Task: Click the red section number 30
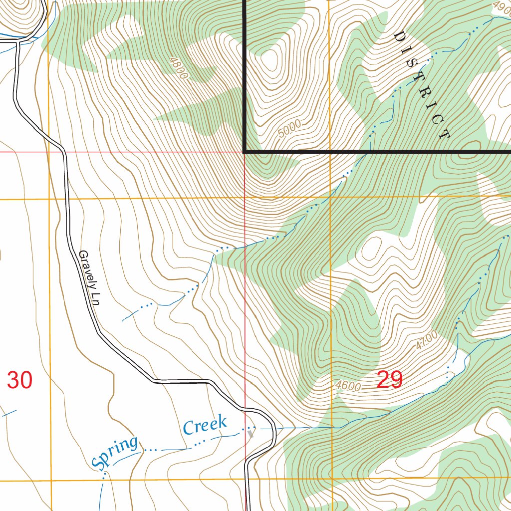(x=20, y=380)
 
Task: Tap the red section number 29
(x=390, y=380)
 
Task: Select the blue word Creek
(x=205, y=425)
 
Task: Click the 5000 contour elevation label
(x=290, y=129)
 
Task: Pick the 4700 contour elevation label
(x=426, y=341)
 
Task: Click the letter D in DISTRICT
(x=399, y=36)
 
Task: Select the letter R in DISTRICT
(x=427, y=93)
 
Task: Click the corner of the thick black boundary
(x=245, y=151)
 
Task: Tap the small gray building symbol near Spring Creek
(x=251, y=434)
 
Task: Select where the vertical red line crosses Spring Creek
(x=246, y=429)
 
